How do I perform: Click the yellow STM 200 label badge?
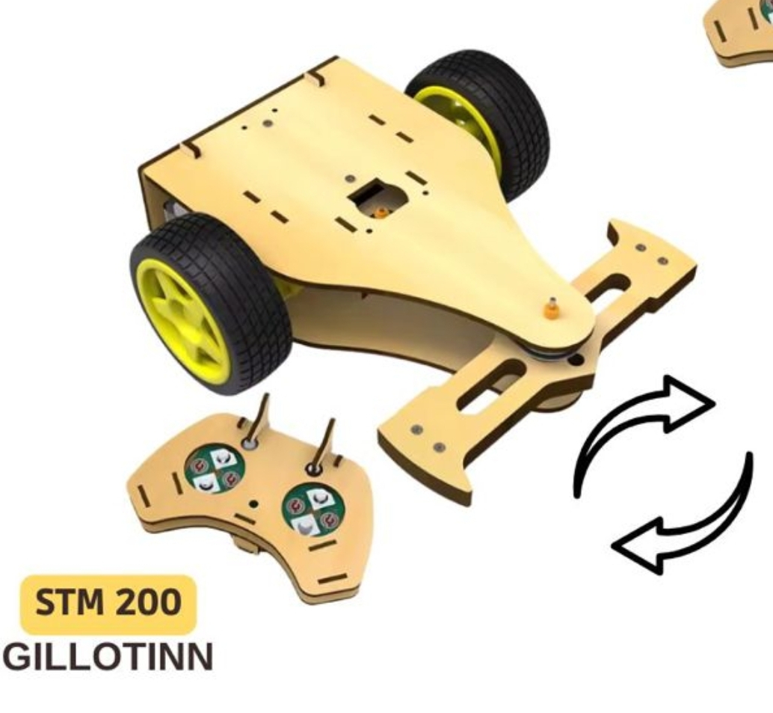108,604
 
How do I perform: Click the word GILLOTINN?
108,657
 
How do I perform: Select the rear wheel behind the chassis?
478,123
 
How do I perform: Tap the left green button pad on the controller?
215,471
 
